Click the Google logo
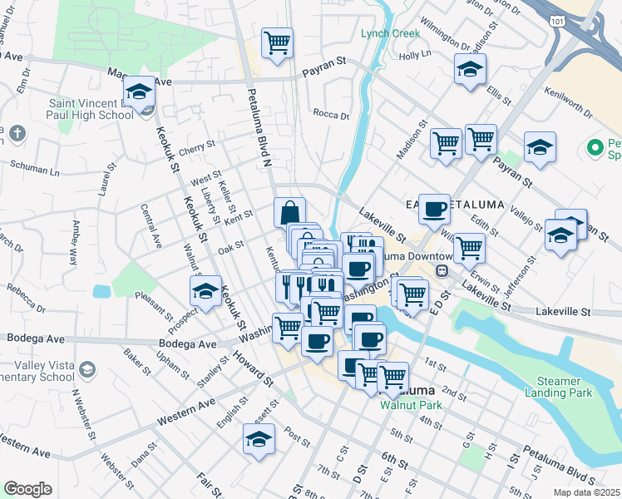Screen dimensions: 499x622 [27, 489]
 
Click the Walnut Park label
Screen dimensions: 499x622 [407, 406]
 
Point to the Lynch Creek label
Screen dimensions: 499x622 [391, 33]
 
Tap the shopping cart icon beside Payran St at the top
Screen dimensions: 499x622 [277, 42]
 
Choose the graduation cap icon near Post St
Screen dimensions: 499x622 [259, 438]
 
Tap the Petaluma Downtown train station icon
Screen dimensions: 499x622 [444, 270]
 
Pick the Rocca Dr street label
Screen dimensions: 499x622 [331, 115]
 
